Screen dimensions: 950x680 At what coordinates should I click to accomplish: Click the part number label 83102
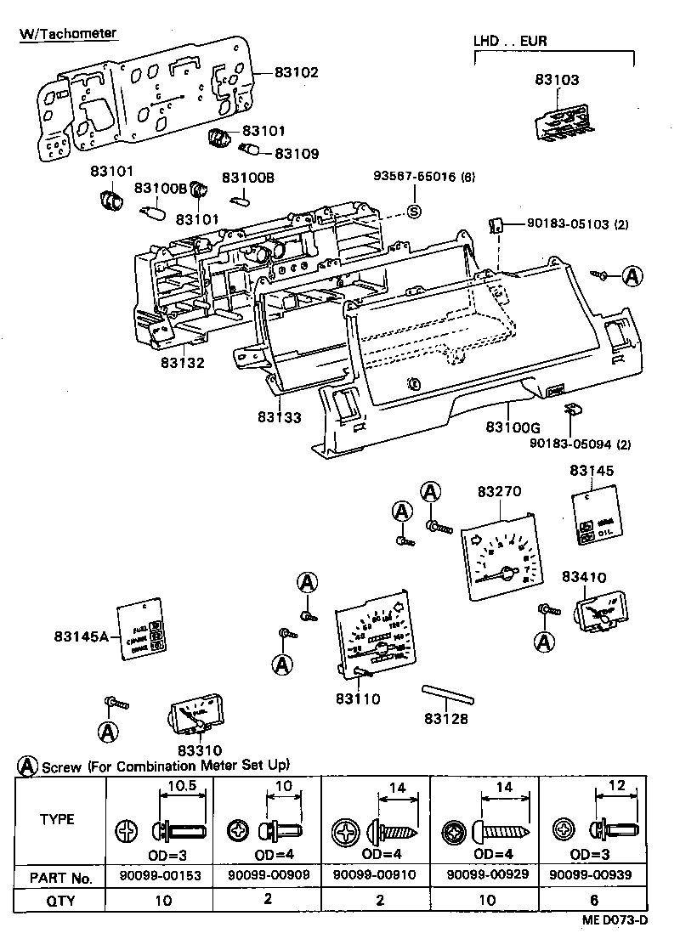[296, 72]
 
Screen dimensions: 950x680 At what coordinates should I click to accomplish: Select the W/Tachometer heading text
[69, 34]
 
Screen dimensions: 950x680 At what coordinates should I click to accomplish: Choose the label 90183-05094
[580, 443]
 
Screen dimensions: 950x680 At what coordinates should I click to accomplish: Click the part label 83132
[181, 362]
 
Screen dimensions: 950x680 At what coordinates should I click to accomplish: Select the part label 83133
[280, 416]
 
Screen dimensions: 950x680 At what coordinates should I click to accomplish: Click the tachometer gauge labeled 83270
[499, 557]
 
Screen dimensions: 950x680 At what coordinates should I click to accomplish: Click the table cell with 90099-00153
[159, 874]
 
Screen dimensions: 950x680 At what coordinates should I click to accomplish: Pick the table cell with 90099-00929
[484, 874]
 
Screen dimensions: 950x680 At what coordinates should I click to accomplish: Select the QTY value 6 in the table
[593, 901]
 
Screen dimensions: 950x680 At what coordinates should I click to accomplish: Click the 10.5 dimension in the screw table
[179, 787]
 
